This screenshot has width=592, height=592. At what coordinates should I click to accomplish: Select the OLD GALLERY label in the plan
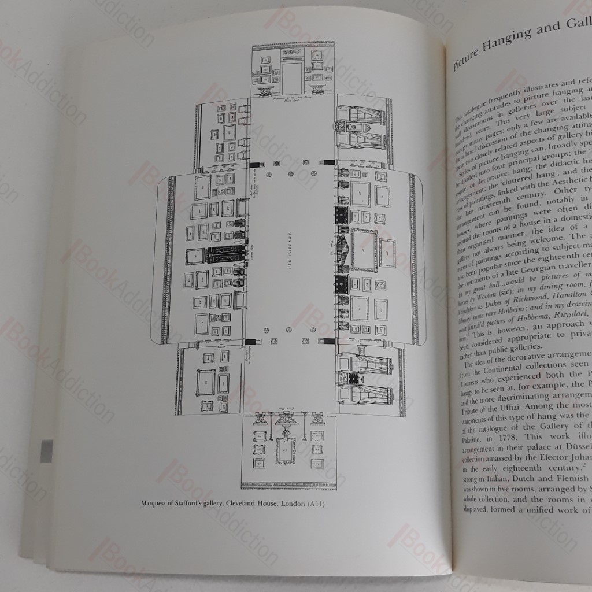pos(288,254)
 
